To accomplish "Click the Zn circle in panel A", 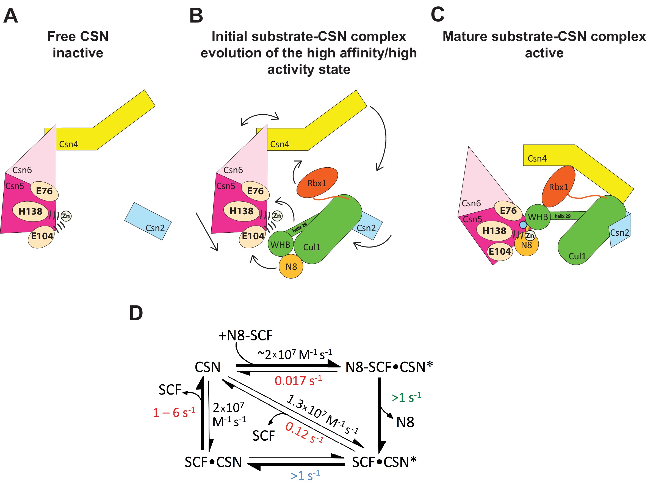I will pyautogui.click(x=66, y=216).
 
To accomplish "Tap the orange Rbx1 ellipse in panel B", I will pyautogui.click(x=317, y=183).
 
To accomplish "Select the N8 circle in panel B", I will pyautogui.click(x=291, y=267).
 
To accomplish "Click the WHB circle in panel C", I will pyautogui.click(x=538, y=217).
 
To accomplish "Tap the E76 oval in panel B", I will pyautogui.click(x=255, y=191).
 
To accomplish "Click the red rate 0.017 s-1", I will pyautogui.click(x=298, y=381).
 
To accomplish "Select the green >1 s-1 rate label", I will pyautogui.click(x=406, y=398).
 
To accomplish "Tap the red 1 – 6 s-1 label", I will pyautogui.click(x=174, y=413).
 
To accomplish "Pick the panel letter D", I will pyautogui.click(x=136, y=313).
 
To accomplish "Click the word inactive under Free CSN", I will pyautogui.click(x=78, y=53).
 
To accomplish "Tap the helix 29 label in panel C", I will pyautogui.click(x=562, y=216).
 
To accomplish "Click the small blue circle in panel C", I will pyautogui.click(x=523, y=225).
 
